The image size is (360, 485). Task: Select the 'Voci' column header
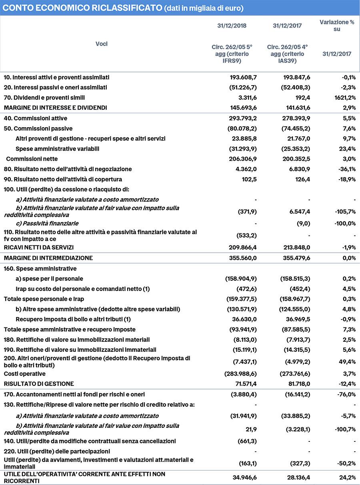click(x=101, y=44)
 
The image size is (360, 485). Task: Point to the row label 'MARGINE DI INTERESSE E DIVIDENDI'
click(x=56, y=108)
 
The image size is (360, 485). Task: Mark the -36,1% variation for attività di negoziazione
click(x=346, y=169)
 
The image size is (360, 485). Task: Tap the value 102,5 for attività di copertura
click(x=248, y=179)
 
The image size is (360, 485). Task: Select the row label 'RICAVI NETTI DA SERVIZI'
click(x=39, y=247)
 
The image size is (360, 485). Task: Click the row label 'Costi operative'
click(x=25, y=373)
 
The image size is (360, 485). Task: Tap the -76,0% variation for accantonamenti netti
click(x=346, y=394)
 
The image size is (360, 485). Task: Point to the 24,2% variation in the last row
click(x=347, y=477)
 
